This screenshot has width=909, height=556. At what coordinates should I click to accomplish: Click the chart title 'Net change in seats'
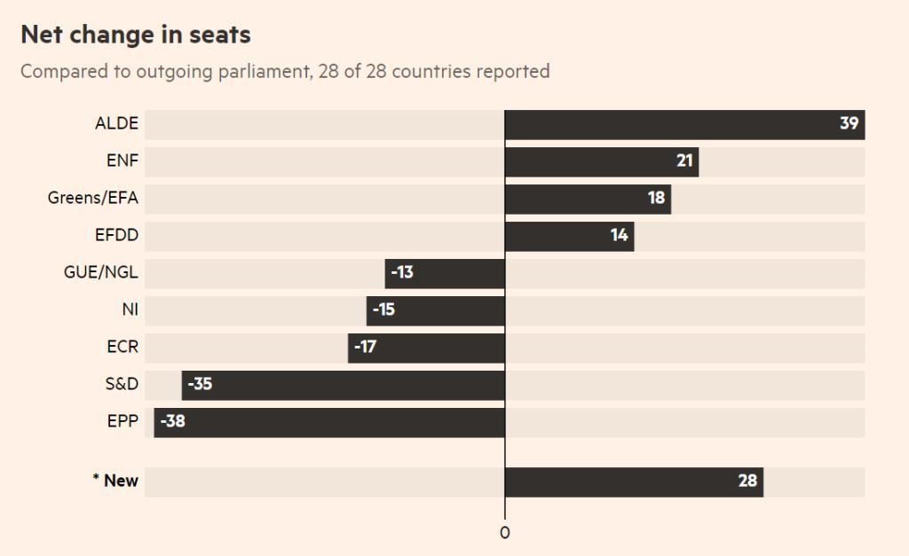136,35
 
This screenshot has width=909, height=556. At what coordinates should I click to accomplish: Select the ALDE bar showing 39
684,124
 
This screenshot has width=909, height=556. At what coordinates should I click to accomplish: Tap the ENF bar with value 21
601,161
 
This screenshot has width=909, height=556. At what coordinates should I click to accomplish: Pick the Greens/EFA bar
587,199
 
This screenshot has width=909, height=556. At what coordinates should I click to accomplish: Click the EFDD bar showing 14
568,236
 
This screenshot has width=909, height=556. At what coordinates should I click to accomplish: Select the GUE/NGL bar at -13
445,273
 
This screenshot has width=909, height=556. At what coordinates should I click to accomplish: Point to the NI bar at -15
435,310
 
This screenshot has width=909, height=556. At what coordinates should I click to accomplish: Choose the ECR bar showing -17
426,348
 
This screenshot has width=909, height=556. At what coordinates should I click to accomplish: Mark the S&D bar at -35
343,385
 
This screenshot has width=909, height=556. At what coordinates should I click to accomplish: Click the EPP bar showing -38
329,422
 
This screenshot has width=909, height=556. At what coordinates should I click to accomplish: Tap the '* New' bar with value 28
633,482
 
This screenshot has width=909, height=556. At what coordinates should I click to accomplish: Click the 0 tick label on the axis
504,533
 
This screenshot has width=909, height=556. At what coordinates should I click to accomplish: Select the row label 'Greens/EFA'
93,199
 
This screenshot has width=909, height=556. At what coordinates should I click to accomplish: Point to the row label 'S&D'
122,385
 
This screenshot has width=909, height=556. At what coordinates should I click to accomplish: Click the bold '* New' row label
115,482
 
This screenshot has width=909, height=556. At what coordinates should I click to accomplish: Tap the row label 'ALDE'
116,124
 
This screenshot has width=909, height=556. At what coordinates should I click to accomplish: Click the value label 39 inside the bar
849,124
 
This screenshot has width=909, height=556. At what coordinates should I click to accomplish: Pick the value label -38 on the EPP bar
172,422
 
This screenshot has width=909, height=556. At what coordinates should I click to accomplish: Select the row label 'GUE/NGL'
101,273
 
